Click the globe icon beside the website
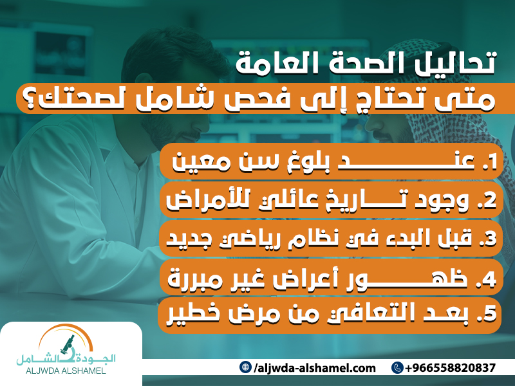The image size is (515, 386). point(245,368)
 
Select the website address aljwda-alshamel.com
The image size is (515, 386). point(315,368)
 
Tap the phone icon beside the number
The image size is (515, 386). point(397,368)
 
